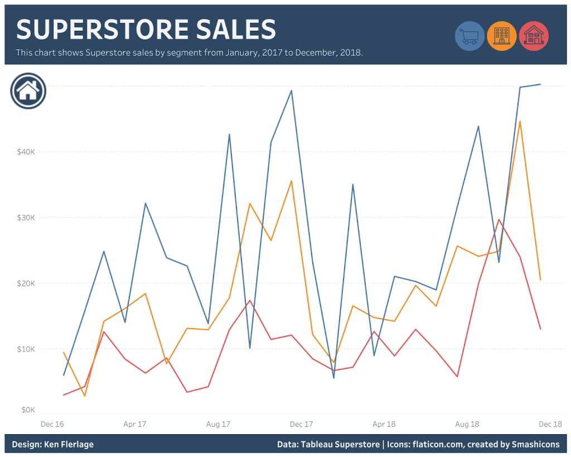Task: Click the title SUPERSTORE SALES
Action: tap(146, 29)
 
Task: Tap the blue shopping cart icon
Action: tap(470, 36)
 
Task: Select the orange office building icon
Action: tap(502, 36)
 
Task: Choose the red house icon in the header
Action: tap(534, 36)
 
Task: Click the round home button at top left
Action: tap(28, 90)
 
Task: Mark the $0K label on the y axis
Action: tap(28, 410)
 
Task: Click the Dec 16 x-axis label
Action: tap(52, 424)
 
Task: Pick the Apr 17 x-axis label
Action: tap(135, 424)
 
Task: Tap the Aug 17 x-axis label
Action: tap(218, 424)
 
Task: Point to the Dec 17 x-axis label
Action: tap(301, 424)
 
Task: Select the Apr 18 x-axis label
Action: tap(384, 424)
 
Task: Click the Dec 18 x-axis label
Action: tap(550, 424)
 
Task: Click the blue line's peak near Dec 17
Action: tap(291, 90)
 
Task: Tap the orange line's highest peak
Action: tap(520, 121)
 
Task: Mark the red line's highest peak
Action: tap(499, 219)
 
